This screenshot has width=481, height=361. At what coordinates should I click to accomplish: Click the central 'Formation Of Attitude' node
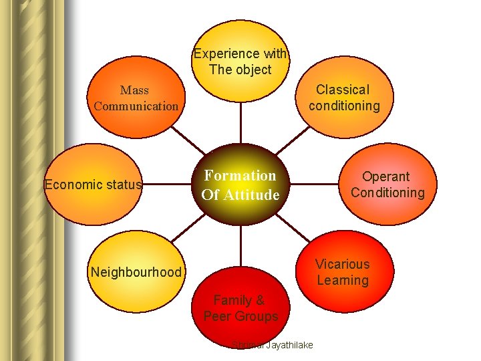(x=240, y=185)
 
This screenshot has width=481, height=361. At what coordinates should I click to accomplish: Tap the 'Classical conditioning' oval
(x=345, y=98)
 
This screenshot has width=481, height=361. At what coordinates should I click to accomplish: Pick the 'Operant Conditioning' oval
(x=387, y=185)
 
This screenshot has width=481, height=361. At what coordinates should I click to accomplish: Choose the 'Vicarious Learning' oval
(x=342, y=271)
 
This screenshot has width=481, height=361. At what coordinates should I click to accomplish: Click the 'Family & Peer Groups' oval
(x=240, y=308)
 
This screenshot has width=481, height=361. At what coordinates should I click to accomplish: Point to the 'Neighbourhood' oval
(x=136, y=271)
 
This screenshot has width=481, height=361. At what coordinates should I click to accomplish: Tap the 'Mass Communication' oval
(x=136, y=98)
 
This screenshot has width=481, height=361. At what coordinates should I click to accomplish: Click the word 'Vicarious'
(x=342, y=264)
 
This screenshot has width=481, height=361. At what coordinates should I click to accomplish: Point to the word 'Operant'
(x=385, y=176)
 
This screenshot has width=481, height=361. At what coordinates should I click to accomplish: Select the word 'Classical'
(x=342, y=90)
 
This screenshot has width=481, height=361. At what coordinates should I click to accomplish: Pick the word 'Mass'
(x=134, y=90)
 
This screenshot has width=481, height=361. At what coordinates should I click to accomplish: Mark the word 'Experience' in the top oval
(x=225, y=53)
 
